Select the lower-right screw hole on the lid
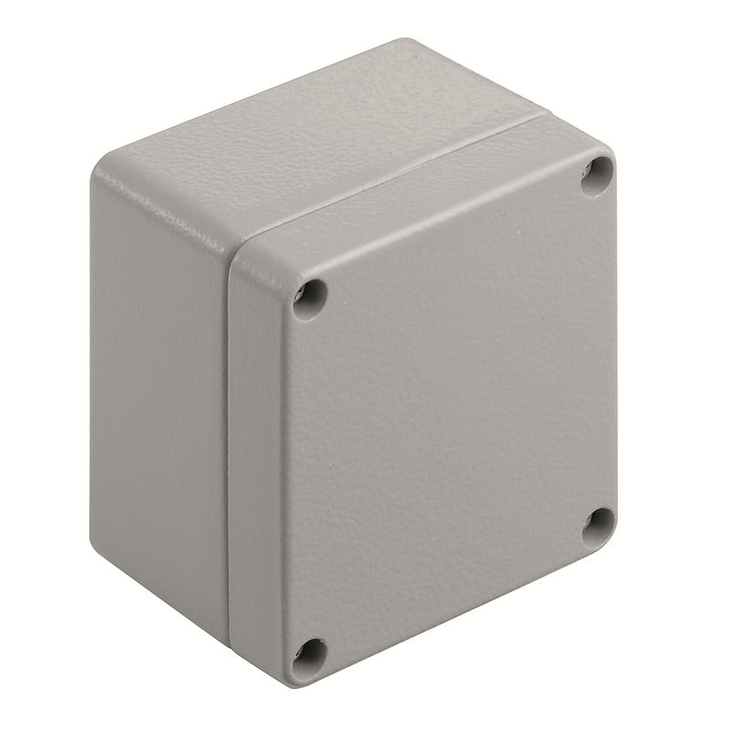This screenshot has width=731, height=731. (x=599, y=522)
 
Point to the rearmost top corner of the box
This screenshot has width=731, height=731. (x=402, y=41)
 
